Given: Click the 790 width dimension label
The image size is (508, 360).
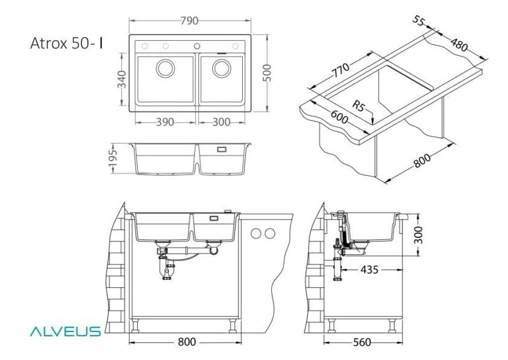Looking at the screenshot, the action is [x=189, y=21].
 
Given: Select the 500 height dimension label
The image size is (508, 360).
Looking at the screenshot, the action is [x=266, y=73].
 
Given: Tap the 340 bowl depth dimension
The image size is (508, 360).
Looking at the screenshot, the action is [x=122, y=79].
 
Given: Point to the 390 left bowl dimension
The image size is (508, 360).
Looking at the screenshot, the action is [x=165, y=122].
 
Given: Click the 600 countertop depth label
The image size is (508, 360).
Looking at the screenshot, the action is [x=339, y=117].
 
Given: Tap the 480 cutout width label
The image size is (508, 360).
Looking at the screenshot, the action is [x=459, y=45].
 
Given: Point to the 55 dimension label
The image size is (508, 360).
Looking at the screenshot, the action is [x=419, y=21].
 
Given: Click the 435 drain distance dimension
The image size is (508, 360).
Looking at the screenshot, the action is [x=369, y=270].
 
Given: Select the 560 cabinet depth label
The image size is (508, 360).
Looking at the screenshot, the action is [x=362, y=342].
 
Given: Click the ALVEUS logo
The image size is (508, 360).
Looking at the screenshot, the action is [x=66, y=331].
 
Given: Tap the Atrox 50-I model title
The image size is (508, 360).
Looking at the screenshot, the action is [x=67, y=43].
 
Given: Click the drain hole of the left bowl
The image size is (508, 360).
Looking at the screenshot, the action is [x=166, y=69].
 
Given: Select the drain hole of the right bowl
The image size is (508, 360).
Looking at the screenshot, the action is [x=222, y=69].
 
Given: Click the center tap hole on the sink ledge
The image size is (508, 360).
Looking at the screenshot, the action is [x=197, y=46].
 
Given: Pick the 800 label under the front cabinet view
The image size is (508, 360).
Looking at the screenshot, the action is [x=187, y=342].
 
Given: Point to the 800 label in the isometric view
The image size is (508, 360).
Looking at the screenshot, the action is [x=422, y=160].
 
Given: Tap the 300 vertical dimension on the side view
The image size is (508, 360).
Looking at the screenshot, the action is [x=418, y=235].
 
